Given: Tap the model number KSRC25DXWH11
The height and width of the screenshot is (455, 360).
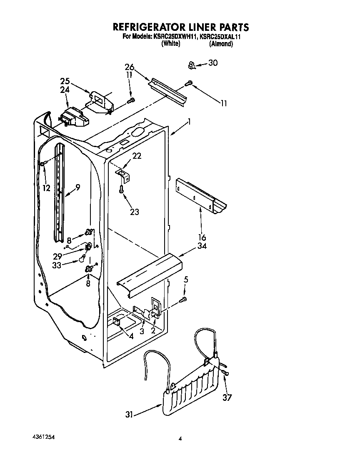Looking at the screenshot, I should (175, 37).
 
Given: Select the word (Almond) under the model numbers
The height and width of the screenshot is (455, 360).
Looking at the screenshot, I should (221, 44).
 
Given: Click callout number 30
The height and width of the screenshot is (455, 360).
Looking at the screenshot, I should (213, 63).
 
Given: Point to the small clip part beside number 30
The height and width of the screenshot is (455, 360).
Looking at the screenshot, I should (192, 65).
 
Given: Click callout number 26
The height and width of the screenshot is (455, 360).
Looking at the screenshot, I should (130, 67).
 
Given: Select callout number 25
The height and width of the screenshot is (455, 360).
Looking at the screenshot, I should (65, 80).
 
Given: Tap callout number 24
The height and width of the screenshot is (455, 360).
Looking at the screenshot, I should (65, 89).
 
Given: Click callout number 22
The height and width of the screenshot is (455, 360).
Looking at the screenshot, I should (137, 156).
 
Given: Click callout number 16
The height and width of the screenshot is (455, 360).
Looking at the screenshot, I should (202, 238).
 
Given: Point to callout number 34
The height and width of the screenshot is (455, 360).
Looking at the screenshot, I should (202, 246).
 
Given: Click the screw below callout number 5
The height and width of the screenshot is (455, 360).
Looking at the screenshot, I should (183, 299).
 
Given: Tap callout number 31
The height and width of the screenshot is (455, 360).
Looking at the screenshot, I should (130, 415).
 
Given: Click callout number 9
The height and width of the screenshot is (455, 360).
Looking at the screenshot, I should (77, 187).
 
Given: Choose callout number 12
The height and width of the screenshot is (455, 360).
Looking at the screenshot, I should (46, 188).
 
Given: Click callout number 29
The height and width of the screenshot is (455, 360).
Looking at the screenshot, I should (58, 255).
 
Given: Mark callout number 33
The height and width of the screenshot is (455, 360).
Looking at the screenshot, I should (58, 264).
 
